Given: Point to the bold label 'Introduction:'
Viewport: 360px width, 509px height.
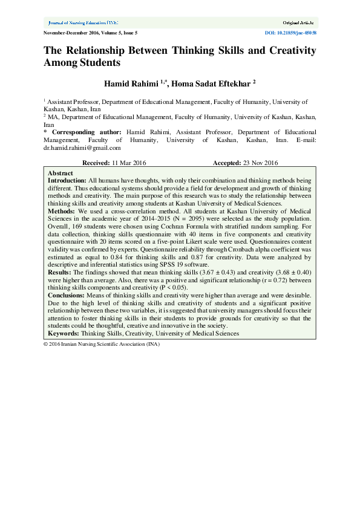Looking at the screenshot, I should pos(67,180).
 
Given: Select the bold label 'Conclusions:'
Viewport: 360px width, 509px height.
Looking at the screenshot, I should pos(67,295).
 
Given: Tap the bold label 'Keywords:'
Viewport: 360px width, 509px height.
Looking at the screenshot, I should pos(64,333).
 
